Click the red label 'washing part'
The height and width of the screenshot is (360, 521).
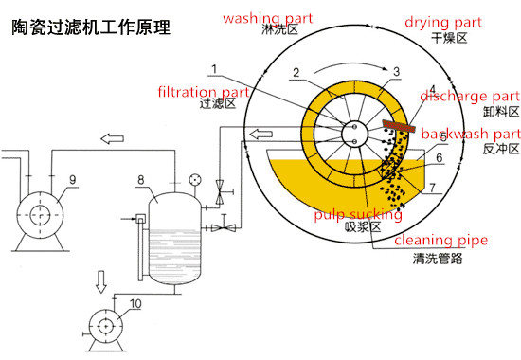(x=268, y=18)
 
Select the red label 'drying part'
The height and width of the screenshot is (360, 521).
(x=443, y=23)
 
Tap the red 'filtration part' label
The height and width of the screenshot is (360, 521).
(x=204, y=92)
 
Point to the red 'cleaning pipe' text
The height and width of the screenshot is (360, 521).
(x=440, y=240)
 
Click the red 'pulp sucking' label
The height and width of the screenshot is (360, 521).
(x=358, y=215)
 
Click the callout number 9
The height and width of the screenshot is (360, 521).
(x=73, y=180)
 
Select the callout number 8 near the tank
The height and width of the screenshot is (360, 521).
(x=141, y=180)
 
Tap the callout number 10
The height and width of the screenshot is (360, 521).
(x=135, y=304)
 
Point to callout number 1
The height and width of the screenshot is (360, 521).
(x=214, y=69)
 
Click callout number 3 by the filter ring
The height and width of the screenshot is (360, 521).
(x=396, y=71)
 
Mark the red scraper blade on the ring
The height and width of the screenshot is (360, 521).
(x=399, y=126)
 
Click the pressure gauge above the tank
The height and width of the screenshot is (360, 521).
(x=195, y=180)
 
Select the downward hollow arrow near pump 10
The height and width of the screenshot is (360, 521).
(x=101, y=281)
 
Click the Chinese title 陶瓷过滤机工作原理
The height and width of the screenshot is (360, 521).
(x=91, y=27)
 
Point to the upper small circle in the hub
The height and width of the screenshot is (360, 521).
(x=354, y=127)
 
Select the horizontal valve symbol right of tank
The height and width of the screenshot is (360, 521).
(x=224, y=227)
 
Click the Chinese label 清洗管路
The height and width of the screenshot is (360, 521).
(x=438, y=259)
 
